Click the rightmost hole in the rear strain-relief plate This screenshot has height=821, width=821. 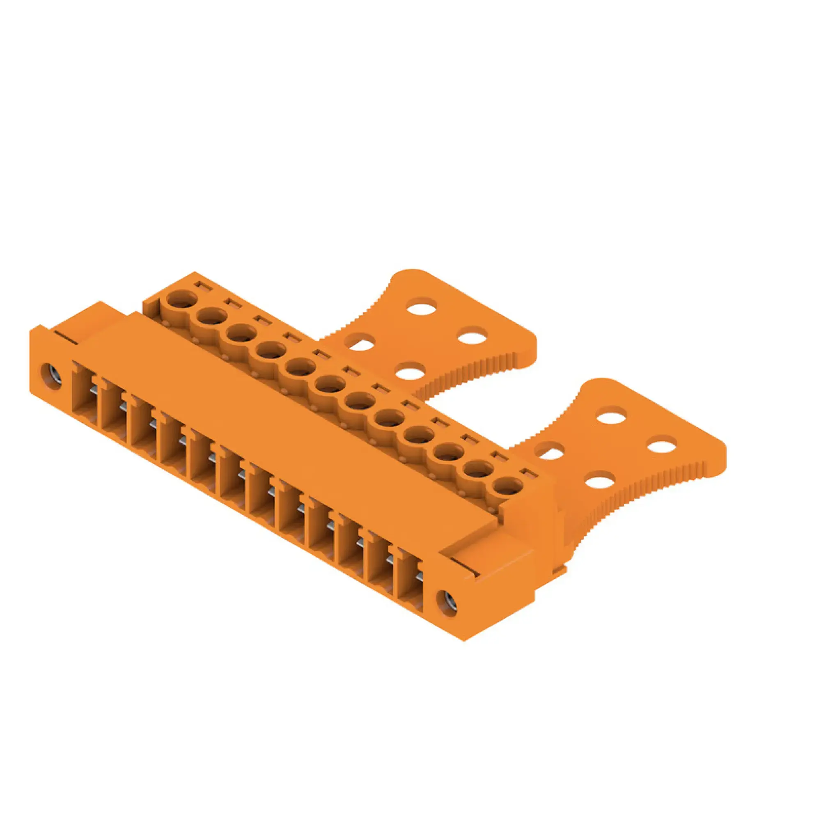[472, 337]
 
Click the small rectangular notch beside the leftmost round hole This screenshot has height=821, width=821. [202, 286]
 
